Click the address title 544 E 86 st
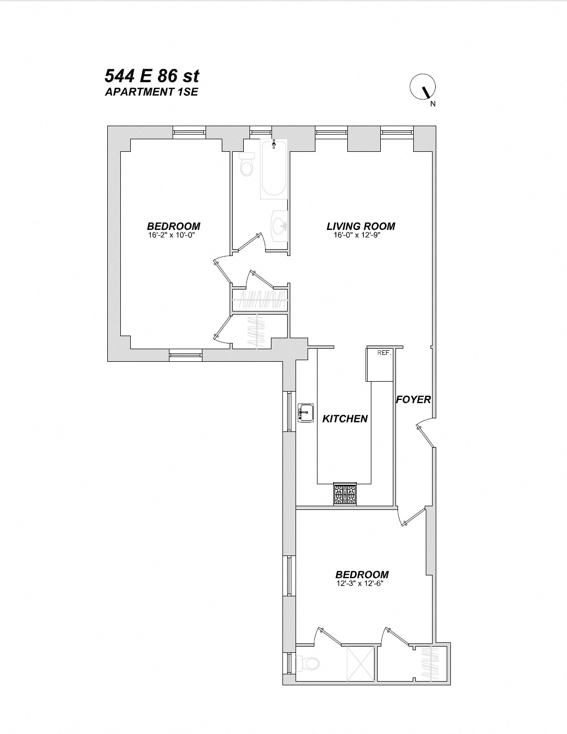tap(152, 76)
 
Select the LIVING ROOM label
tap(360, 226)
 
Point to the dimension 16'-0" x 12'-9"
tap(360, 235)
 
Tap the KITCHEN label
tap(345, 419)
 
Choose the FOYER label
tap(413, 399)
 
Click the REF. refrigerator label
tap(384, 353)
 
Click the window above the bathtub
tap(260, 132)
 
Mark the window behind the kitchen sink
tap(289, 411)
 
